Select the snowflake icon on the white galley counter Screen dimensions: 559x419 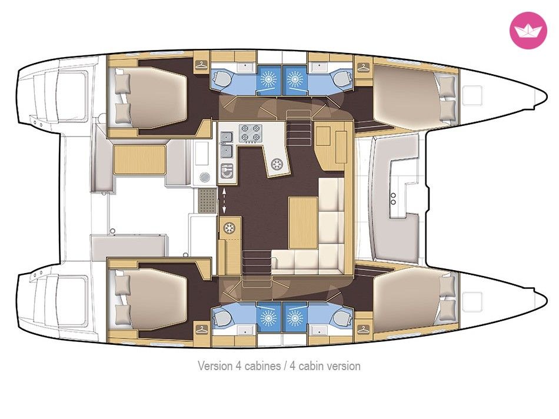click(277, 164)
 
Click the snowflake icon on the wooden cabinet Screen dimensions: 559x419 click(228, 228)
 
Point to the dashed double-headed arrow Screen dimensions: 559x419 click(224, 202)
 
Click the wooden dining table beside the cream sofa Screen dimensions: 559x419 click(303, 222)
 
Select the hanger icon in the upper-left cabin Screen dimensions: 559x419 click(201, 65)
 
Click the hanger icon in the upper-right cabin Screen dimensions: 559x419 click(363, 66)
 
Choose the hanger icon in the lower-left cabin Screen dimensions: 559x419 click(201, 329)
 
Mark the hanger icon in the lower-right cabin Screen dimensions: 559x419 click(363, 329)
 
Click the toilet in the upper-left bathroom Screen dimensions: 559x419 click(222, 78)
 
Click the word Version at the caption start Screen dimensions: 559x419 click(215, 366)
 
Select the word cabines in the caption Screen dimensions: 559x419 click(262, 366)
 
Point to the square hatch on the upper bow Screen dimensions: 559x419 click(472, 95)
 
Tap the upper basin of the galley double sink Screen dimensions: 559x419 click(227, 137)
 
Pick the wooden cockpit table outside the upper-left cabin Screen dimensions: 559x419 click(140, 159)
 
